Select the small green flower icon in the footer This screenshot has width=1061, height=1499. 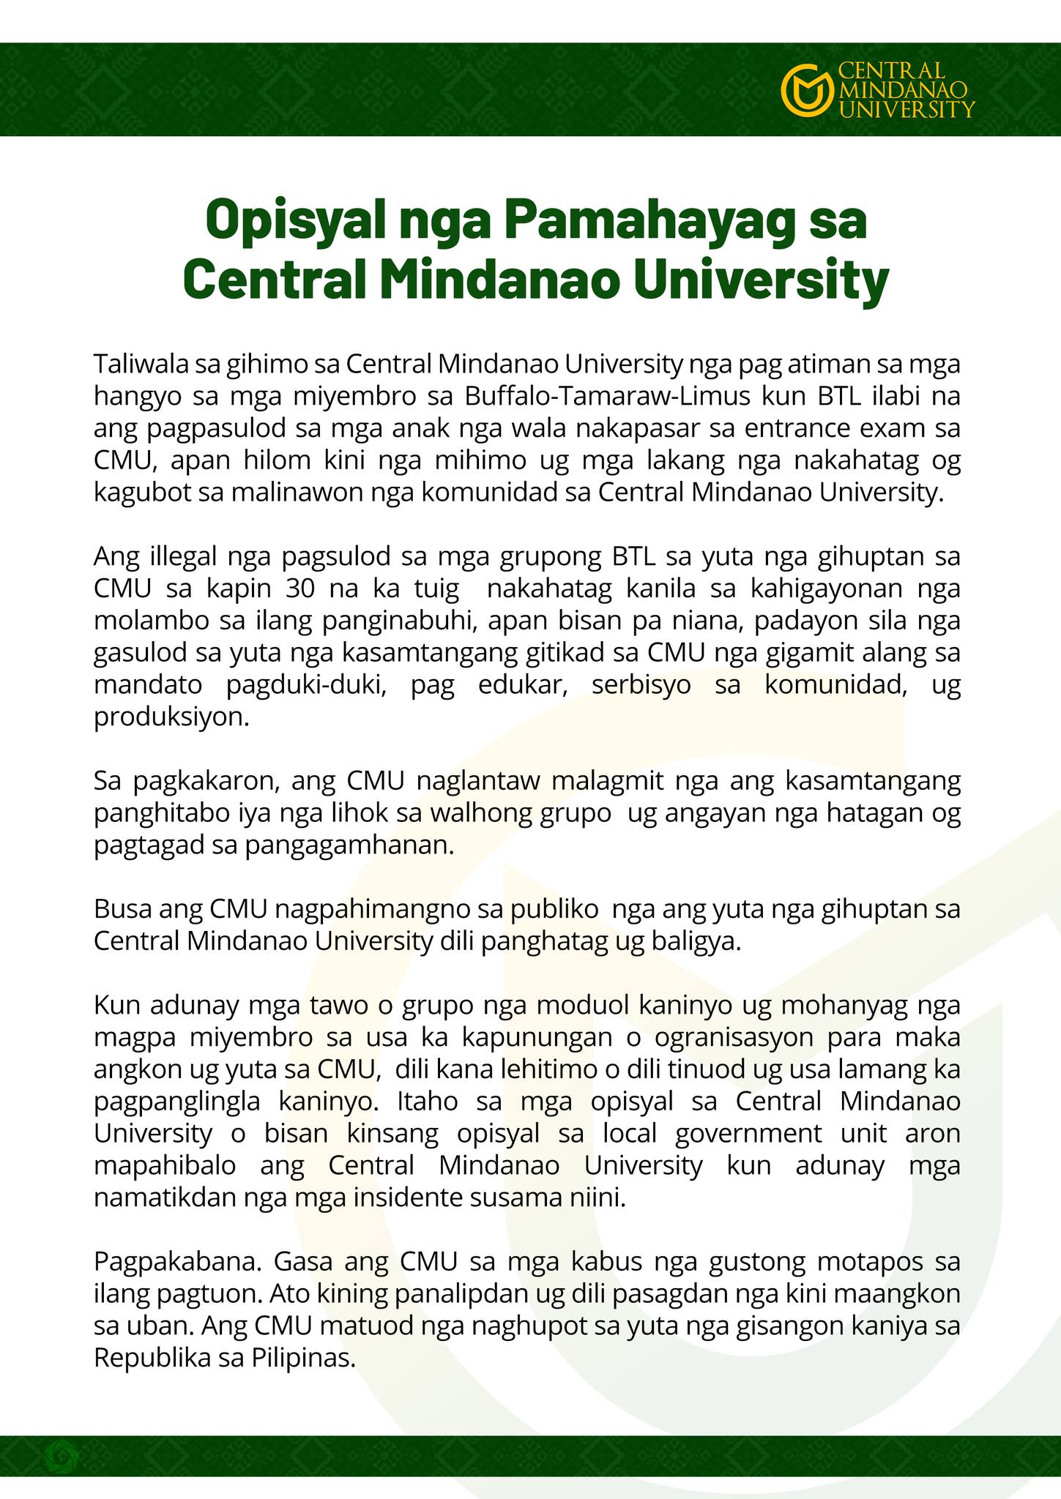pos(59,1457)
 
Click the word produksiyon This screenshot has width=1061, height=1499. pos(171,717)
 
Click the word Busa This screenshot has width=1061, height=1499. pos(121,911)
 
